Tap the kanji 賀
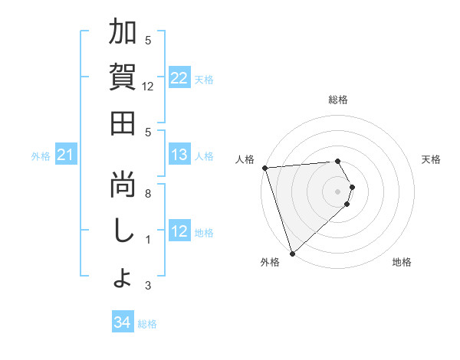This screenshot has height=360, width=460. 123,77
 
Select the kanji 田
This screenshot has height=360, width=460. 123,123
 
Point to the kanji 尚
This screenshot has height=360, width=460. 123,185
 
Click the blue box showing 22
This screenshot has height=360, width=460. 179,78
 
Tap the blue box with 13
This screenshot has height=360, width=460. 179,155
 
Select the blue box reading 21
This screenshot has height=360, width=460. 66,155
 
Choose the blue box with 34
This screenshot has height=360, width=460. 122,322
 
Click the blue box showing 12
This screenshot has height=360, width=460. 179,231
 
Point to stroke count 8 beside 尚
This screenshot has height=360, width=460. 148,194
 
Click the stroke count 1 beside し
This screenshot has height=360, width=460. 148,240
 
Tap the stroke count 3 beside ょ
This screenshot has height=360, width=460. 148,286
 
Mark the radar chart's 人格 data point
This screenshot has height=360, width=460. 264,168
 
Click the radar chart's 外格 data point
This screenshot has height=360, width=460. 292,253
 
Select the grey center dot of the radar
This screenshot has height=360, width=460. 337,191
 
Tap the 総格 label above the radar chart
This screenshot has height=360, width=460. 337,100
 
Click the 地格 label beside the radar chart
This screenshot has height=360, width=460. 402,262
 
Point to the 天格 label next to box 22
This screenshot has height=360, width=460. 204,79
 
